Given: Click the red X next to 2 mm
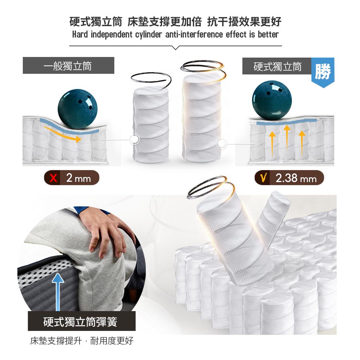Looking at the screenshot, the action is point(53,178).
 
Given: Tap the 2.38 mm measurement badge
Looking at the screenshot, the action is point(289,178).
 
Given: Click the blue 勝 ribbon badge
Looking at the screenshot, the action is point(323,72).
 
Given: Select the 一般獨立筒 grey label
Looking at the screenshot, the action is point(69,66).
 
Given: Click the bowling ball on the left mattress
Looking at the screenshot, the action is point(78,109).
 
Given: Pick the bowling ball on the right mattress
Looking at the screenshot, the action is point(272,100).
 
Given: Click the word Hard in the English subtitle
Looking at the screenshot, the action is point(80,35).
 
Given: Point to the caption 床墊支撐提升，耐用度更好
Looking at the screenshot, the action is point(82,341).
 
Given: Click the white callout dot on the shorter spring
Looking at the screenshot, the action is point(135,139).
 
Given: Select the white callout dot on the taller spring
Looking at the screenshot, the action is point(221,144).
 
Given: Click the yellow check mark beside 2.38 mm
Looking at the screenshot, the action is point(264,178).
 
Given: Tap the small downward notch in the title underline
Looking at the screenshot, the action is point(176,48).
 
